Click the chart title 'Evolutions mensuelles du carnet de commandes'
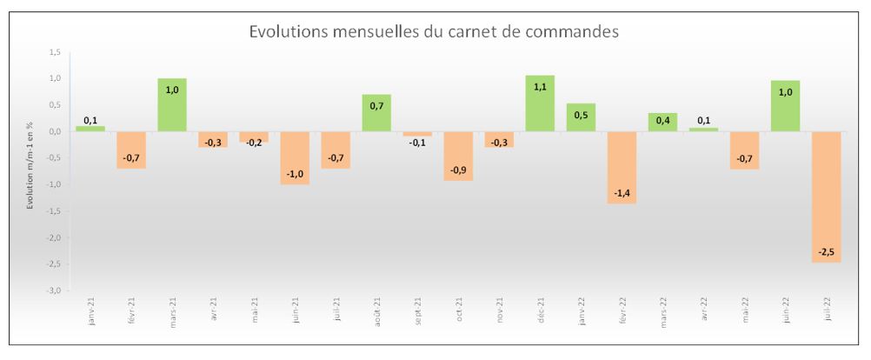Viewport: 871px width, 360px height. [x=433, y=32]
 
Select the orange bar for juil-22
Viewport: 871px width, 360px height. [x=826, y=196]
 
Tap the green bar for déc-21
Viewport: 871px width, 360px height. [x=539, y=103]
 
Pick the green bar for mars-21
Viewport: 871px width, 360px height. [x=171, y=105]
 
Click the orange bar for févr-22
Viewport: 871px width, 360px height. [x=621, y=167]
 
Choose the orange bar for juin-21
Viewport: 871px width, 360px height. [x=294, y=157]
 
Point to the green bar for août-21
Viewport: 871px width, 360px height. [x=376, y=113]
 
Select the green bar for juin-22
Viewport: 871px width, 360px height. [x=785, y=106]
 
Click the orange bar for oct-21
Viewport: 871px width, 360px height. [x=458, y=156]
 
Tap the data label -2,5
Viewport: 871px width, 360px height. [x=826, y=252]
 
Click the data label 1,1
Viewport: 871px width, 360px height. [x=539, y=88]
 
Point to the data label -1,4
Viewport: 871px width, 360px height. [x=621, y=193]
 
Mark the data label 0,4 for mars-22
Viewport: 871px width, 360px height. [x=662, y=120]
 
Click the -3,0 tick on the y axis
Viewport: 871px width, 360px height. [x=54, y=290]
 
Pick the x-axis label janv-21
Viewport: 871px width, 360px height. [x=90, y=310]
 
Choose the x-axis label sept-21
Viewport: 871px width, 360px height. [x=417, y=310]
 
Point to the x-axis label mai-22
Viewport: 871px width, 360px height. [x=744, y=310]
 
